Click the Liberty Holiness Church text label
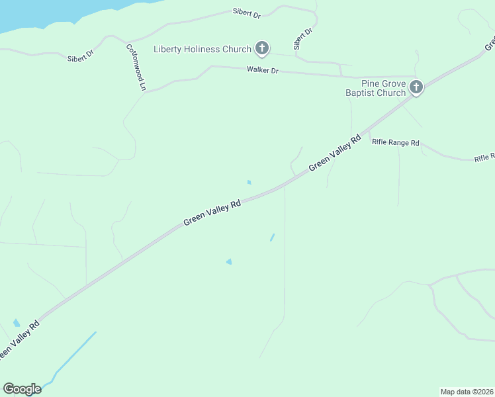pos(202,49)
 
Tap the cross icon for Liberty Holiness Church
pos(262,48)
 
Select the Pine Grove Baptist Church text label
pos(375,88)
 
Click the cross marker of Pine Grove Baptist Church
pos(416,87)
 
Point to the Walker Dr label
pos(262,69)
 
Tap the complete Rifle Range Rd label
pos(396,142)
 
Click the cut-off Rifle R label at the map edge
pos(484,157)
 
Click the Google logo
pos(22,388)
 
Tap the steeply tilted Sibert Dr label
pos(302,39)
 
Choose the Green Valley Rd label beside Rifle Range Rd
pos(335,153)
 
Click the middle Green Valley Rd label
pos(212,214)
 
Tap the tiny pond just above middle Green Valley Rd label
pos(249,182)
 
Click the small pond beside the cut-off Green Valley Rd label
pos(16,323)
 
